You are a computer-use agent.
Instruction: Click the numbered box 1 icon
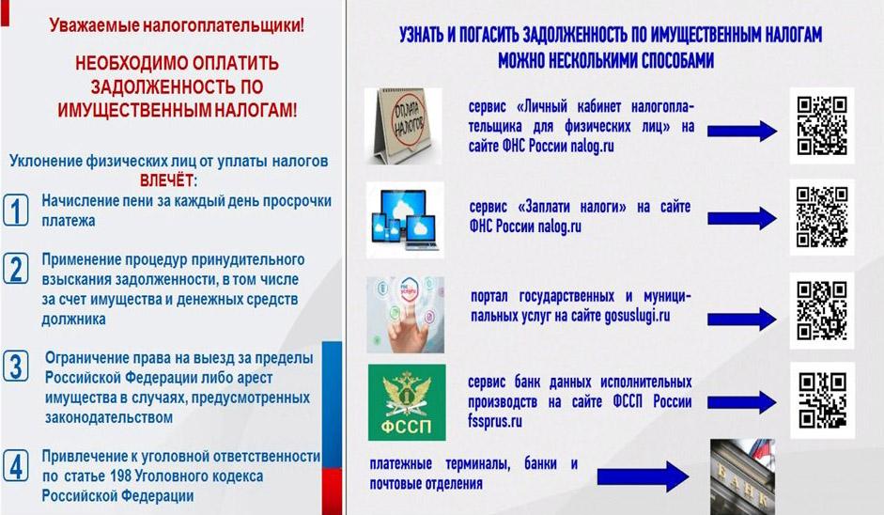pyautogui.click(x=15, y=210)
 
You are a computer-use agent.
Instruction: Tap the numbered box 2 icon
pyautogui.click(x=15, y=269)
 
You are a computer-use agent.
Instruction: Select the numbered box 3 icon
pyautogui.click(x=15, y=367)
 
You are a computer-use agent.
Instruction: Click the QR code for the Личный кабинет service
pyautogui.click(x=821, y=126)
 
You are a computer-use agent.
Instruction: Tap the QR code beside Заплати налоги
pyautogui.click(x=821, y=216)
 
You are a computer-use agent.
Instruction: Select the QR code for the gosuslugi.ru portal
pyautogui.click(x=821, y=311)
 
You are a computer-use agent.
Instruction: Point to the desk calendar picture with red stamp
pyautogui.click(x=403, y=126)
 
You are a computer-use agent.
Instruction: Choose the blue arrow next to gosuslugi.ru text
pyautogui.click(x=741, y=319)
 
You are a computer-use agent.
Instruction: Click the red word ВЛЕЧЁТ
pyautogui.click(x=169, y=179)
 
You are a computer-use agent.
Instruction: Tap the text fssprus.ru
pyautogui.click(x=494, y=421)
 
